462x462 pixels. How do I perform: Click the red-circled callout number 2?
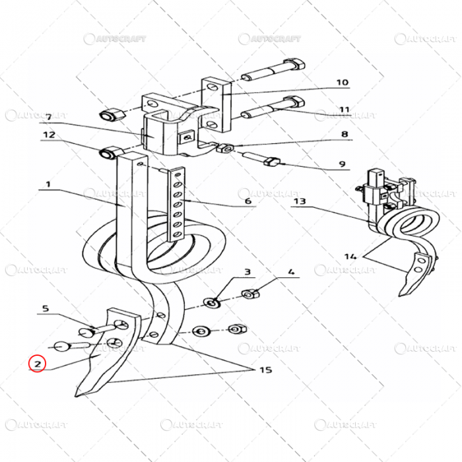pos(37,363)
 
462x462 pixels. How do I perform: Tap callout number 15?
pos(265,370)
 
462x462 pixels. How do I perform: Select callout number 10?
pos(342,83)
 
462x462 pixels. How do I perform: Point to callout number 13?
pos(300,201)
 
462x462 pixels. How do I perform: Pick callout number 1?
pos(46,185)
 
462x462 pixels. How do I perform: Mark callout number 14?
pos(350,255)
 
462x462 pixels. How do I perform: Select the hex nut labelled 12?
pos(108,154)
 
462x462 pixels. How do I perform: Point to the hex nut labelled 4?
pos(250,294)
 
